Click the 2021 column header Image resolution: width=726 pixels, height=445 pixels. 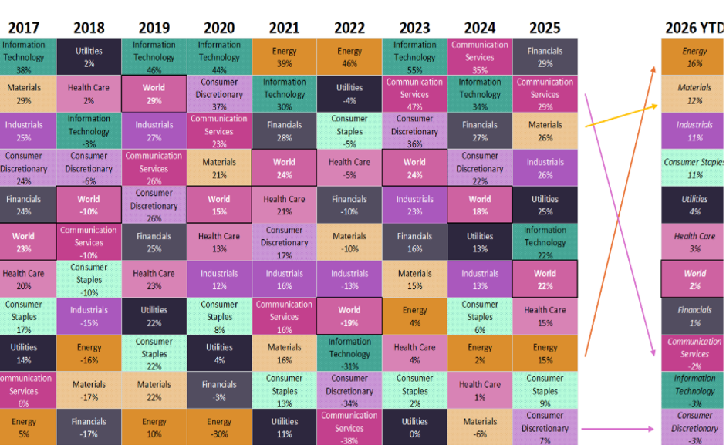[284, 29]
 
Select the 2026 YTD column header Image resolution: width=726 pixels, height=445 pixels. [694, 29]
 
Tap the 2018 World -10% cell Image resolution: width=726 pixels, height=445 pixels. [89, 205]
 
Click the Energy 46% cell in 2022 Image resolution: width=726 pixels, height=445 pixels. [349, 57]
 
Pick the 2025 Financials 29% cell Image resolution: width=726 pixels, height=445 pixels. [545, 57]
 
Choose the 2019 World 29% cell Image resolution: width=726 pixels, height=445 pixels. [154, 94]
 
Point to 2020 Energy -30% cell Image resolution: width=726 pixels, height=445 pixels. [219, 427]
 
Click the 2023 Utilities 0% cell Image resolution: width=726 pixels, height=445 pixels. [414, 427]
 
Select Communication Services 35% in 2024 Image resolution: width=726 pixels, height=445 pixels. [480, 57]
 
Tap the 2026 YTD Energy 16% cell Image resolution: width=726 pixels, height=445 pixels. [694, 57]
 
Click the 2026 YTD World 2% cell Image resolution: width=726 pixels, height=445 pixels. [694, 279]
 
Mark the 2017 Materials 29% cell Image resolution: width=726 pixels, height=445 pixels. [24, 94]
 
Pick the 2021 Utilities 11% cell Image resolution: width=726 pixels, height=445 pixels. [284, 427]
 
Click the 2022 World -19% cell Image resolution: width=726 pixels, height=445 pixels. [349, 316]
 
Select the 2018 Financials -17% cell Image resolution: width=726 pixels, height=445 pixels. [89, 427]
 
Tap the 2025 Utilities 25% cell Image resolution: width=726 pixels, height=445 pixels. [545, 205]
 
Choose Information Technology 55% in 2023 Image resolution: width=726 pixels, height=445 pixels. [414, 57]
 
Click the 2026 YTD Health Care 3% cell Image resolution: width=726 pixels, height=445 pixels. [694, 242]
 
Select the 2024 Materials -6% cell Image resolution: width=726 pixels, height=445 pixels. [480, 427]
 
